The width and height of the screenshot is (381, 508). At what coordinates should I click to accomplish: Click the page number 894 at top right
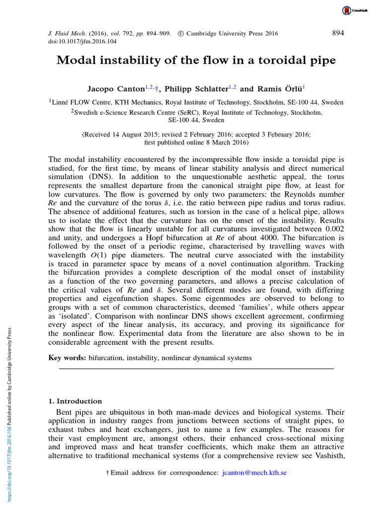[x=337, y=33]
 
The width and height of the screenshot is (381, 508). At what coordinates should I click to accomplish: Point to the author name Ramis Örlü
[x=278, y=89]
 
